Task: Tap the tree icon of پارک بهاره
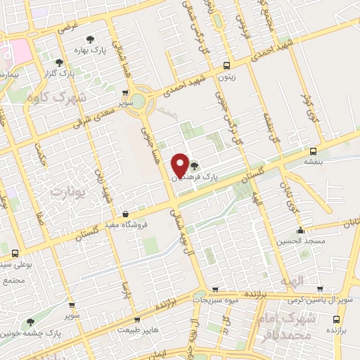tap(89, 40)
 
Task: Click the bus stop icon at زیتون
tap(225, 66)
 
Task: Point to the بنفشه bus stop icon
tap(313, 150)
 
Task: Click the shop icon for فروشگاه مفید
tap(125, 214)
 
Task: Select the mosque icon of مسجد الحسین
tap(301, 230)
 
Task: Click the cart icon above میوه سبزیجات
tap(215, 289)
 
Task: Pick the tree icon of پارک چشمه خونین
tap(30, 322)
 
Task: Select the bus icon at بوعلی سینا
tap(15, 252)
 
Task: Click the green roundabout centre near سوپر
tap(139, 101)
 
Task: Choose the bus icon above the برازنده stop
tap(338, 316)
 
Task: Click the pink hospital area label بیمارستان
tap(7, 73)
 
